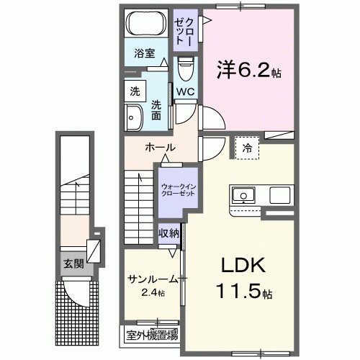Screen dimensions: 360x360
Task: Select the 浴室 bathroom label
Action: [144, 53]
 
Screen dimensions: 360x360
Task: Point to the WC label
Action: [186, 92]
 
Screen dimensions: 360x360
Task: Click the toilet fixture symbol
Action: [186, 71]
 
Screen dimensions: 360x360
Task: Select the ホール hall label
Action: [160, 148]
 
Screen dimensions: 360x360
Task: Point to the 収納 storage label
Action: [169, 233]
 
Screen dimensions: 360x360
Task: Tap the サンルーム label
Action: [152, 279]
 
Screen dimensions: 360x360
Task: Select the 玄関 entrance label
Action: [71, 263]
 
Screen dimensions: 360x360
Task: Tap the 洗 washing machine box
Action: [134, 91]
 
